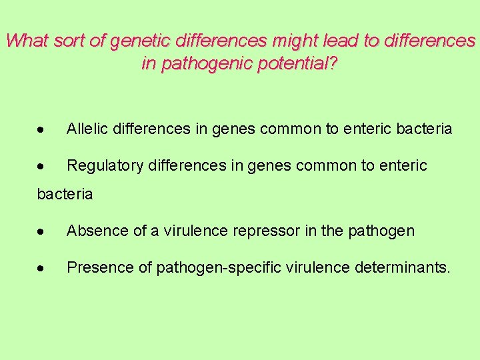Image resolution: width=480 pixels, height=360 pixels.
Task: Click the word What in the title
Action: pyautogui.click(x=27, y=41)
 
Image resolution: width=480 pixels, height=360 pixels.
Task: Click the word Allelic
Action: pyautogui.click(x=87, y=129)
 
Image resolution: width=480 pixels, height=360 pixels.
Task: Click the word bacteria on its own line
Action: pyautogui.click(x=65, y=195)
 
